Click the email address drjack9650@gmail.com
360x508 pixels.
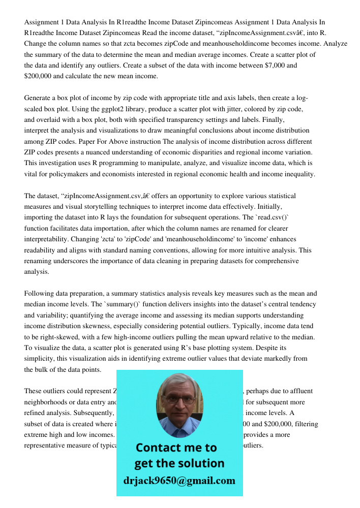coord(179,481)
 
